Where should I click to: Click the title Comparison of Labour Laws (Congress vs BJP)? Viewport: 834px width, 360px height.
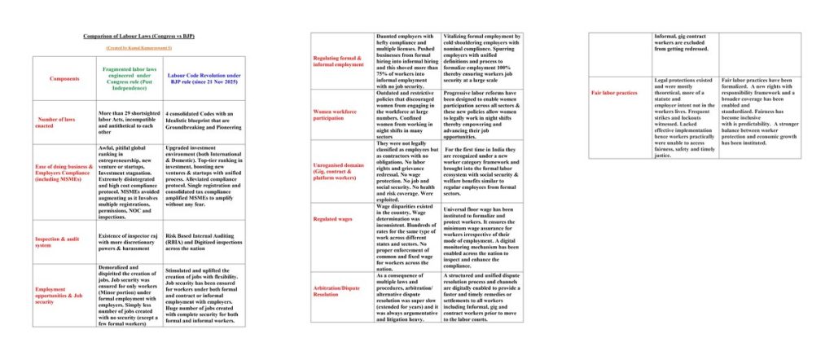click(138, 37)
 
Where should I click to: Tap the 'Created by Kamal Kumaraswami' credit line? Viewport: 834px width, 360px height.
click(138, 50)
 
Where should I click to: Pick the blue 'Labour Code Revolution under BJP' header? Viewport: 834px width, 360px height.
click(203, 78)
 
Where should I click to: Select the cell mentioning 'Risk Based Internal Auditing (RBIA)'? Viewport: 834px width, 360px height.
click(203, 242)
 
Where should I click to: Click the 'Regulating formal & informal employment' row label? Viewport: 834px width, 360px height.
click(343, 62)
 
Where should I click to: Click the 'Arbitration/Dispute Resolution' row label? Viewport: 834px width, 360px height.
click(343, 288)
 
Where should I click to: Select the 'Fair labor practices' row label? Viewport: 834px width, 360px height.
click(618, 93)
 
